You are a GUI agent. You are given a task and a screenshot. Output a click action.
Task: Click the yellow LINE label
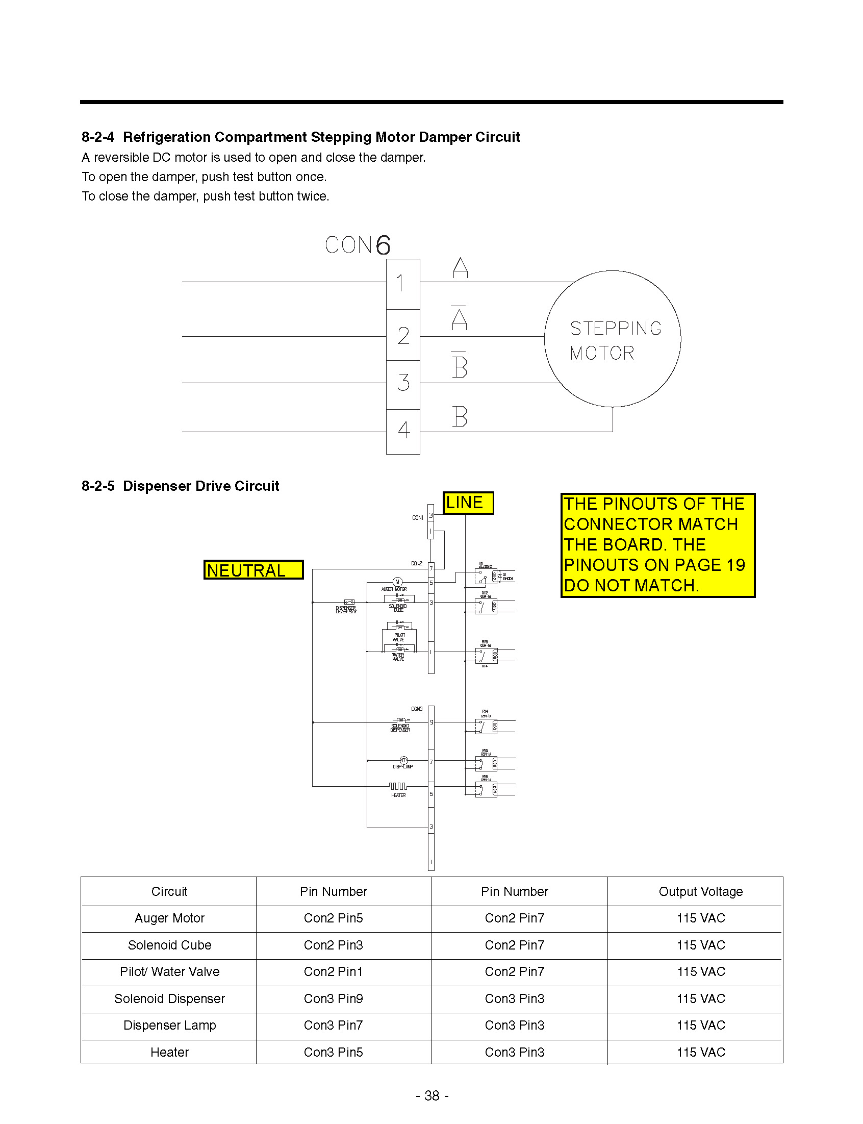pyautogui.click(x=467, y=503)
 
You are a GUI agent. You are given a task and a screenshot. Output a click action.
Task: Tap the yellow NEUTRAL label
pyautogui.click(x=253, y=570)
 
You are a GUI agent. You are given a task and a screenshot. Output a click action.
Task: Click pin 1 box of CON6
pyautogui.click(x=403, y=284)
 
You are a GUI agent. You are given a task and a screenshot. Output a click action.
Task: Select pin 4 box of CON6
pyautogui.click(x=403, y=431)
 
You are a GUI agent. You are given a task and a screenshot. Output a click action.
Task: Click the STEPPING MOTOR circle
pyautogui.click(x=613, y=339)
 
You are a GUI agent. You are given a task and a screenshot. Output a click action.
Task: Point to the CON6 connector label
pyautogui.click(x=358, y=245)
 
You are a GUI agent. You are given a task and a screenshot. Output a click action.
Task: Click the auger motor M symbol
pyautogui.click(x=397, y=582)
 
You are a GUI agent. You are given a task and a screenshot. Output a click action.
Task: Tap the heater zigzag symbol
pyautogui.click(x=398, y=786)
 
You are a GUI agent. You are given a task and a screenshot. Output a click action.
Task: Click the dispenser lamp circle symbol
pyautogui.click(x=403, y=760)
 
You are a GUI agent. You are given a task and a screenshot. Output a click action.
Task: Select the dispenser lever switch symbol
pyautogui.click(x=349, y=602)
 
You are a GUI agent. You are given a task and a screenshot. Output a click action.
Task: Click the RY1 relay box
pyautogui.click(x=486, y=576)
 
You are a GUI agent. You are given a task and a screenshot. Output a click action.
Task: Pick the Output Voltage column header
pyautogui.click(x=700, y=891)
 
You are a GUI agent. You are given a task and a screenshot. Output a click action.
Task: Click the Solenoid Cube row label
pyautogui.click(x=169, y=945)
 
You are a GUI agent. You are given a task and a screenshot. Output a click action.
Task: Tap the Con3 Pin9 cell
pyautogui.click(x=334, y=998)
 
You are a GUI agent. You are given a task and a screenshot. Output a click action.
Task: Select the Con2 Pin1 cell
pyautogui.click(x=334, y=971)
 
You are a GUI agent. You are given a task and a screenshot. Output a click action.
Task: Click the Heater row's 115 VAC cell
pyautogui.click(x=700, y=1052)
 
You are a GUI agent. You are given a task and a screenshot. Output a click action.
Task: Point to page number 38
pyautogui.click(x=432, y=1095)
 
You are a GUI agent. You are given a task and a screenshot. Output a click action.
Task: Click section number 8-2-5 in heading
pyautogui.click(x=97, y=486)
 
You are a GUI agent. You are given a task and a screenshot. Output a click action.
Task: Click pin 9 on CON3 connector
pyautogui.click(x=431, y=722)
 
